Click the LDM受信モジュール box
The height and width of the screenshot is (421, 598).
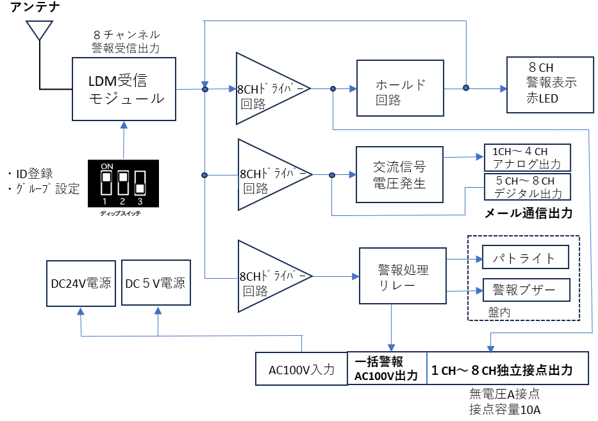(x=124, y=89)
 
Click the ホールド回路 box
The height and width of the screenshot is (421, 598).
(x=400, y=88)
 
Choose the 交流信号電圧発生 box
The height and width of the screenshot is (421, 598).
(x=399, y=174)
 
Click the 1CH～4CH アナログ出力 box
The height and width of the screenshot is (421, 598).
(x=527, y=157)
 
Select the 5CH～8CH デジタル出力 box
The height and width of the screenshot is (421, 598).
(x=527, y=187)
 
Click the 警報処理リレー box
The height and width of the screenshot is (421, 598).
(x=403, y=276)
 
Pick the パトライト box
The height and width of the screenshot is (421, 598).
(x=526, y=258)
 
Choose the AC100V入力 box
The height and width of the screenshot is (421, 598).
(x=301, y=369)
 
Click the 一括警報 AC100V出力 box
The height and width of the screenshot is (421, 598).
(x=386, y=368)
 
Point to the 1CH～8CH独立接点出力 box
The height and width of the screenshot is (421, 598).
(x=507, y=368)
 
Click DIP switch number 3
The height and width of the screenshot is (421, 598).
(x=139, y=182)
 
